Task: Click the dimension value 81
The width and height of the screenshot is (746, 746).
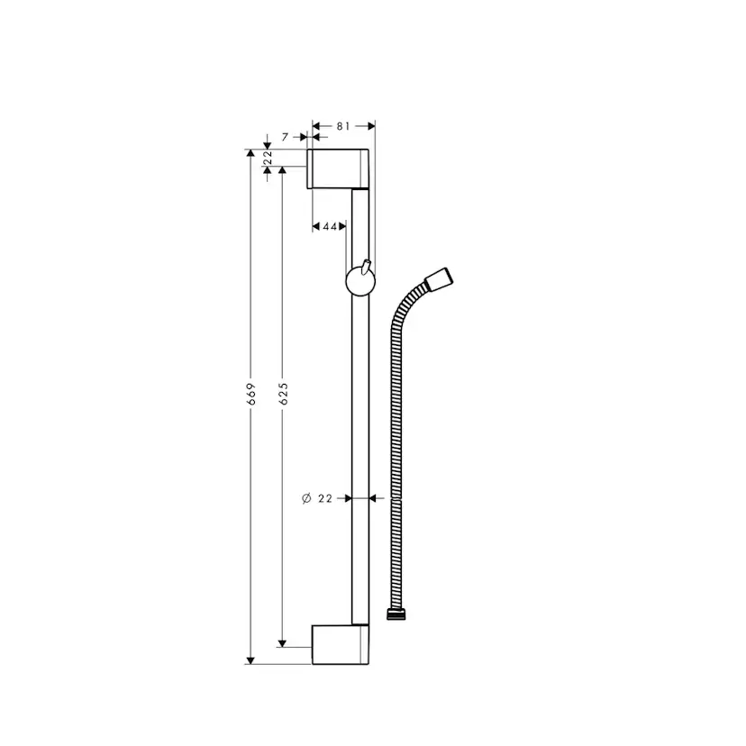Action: pos(343,127)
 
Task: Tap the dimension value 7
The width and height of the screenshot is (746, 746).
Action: pos(285,137)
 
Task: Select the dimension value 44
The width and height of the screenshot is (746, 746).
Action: pos(329,226)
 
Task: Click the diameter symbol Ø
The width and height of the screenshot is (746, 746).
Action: pos(306,497)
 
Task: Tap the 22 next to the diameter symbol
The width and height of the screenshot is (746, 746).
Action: pos(326,497)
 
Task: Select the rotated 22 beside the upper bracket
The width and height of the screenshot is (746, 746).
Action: pos(268,159)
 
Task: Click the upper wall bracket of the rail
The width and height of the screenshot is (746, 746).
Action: pos(339,168)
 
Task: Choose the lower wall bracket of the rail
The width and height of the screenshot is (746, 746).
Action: pos(339,644)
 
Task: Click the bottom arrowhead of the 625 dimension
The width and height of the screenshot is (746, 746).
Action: pos(283,641)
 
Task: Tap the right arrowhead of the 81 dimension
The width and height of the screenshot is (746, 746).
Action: pos(369,127)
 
